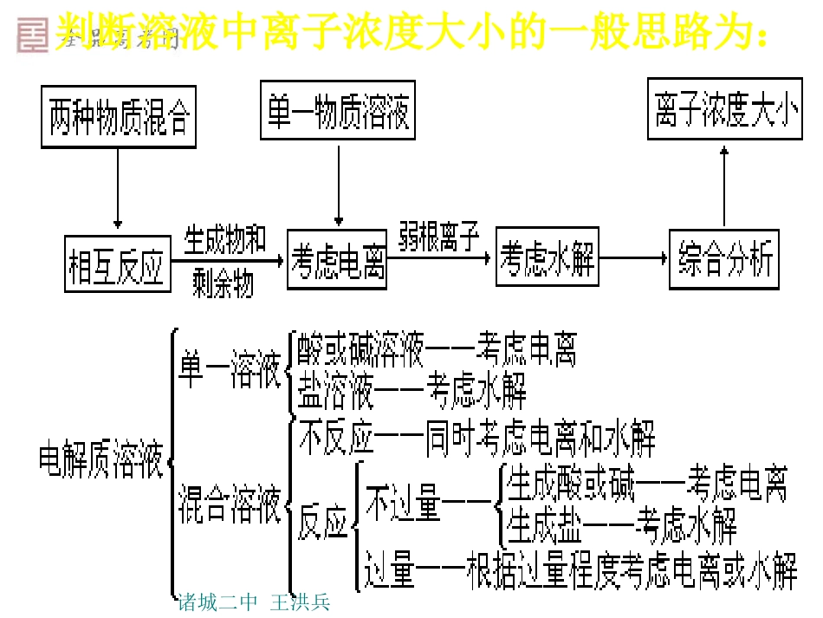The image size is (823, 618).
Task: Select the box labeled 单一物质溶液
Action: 338,109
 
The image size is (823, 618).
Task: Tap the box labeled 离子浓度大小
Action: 724,109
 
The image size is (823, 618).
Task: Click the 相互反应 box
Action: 117,262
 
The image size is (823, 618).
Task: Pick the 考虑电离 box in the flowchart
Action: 339,259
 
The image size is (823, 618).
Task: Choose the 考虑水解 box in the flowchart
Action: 548,257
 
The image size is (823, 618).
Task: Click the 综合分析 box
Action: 724,259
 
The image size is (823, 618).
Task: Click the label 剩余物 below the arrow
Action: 224,283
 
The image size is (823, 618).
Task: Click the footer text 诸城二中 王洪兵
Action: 253,602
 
